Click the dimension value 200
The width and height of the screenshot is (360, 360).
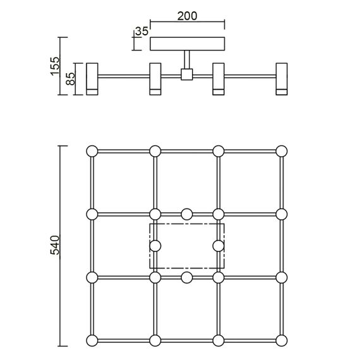pos(187,16)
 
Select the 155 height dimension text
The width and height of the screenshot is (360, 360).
pos(55,66)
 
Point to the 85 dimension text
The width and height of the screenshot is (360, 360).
pos(71,79)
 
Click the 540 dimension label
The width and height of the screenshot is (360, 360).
pos(55,245)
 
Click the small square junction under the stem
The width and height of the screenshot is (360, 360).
pos(186,75)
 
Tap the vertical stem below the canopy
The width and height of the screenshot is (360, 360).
pos(186,60)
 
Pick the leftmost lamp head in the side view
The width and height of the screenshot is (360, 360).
pos(92,79)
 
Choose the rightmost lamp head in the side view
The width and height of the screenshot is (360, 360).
pos(282,79)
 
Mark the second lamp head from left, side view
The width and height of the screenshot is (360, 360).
pos(155,79)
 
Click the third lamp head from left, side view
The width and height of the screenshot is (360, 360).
pos(219,79)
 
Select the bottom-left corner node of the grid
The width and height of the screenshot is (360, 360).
pos(92,340)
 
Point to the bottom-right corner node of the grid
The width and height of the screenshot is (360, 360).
pos(282,340)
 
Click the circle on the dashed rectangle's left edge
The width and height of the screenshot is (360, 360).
pos(155,245)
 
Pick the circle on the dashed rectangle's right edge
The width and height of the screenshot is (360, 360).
pos(219,245)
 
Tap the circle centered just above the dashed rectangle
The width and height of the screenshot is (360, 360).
pos(187,213)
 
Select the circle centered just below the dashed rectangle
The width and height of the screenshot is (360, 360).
pos(187,277)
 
